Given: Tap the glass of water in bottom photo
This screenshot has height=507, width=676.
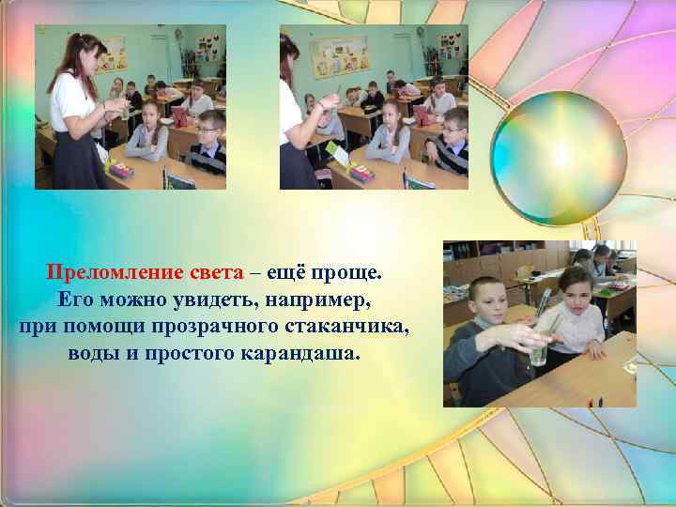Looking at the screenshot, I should point(538,347).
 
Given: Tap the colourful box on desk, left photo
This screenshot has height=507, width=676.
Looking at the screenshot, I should point(121,168).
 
